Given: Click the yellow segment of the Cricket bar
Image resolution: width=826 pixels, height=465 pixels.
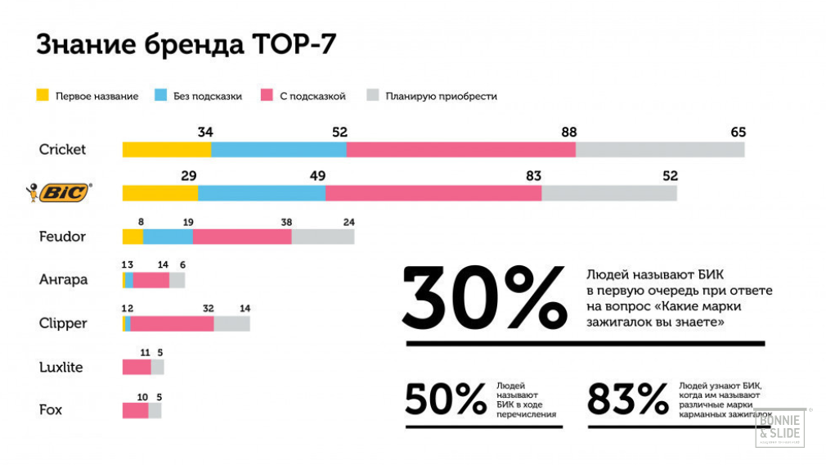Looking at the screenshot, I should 167,149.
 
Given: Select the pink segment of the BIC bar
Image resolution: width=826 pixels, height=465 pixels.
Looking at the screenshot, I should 433,192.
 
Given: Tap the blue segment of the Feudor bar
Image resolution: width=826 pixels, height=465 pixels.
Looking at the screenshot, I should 168,237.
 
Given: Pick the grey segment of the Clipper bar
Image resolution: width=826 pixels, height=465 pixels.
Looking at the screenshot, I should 231,323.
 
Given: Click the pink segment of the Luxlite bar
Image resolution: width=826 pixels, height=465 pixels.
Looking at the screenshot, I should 137,367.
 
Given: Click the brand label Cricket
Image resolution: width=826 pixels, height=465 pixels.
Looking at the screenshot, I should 62,150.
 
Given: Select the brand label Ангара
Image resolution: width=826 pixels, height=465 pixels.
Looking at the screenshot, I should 63,280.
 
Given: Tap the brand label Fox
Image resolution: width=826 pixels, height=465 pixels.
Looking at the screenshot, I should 51,409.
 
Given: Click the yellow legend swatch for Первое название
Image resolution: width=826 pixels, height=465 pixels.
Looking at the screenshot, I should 43,95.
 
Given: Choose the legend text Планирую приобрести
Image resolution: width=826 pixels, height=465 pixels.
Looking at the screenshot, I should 442,96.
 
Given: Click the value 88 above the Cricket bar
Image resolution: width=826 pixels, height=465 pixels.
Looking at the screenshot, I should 569,132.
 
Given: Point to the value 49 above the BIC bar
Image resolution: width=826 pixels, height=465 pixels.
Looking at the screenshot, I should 317,175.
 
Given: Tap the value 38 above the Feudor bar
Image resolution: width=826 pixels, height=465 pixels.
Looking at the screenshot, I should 286,221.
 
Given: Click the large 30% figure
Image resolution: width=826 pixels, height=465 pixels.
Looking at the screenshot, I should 485,296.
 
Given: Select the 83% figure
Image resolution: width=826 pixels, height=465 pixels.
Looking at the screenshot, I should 628,400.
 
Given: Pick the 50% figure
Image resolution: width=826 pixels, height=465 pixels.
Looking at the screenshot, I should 446,400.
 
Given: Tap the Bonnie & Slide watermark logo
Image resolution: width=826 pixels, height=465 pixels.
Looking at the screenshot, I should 779,427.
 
